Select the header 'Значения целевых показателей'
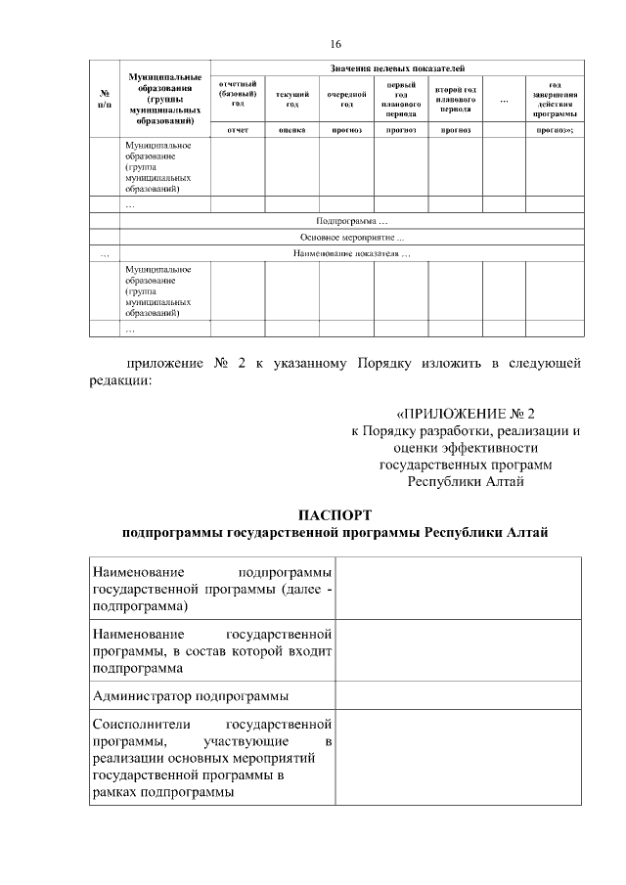pyautogui.click(x=397, y=67)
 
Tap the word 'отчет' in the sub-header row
pyautogui.click(x=238, y=129)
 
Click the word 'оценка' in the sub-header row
pyautogui.click(x=291, y=129)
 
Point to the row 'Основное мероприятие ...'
pyautogui.click(x=351, y=238)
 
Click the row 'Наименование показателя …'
pyautogui.click(x=351, y=254)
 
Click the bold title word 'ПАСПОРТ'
pyautogui.click(x=335, y=514)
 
